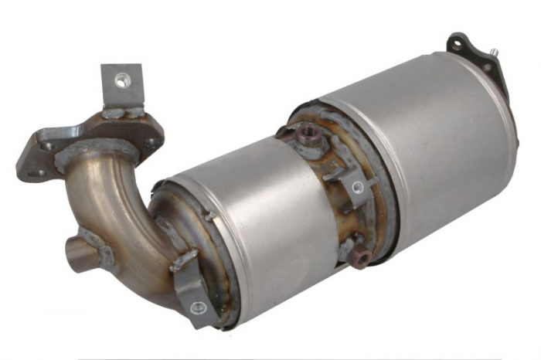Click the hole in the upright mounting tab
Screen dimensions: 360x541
tap(121, 79)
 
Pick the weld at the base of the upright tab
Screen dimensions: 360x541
tap(124, 113)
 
